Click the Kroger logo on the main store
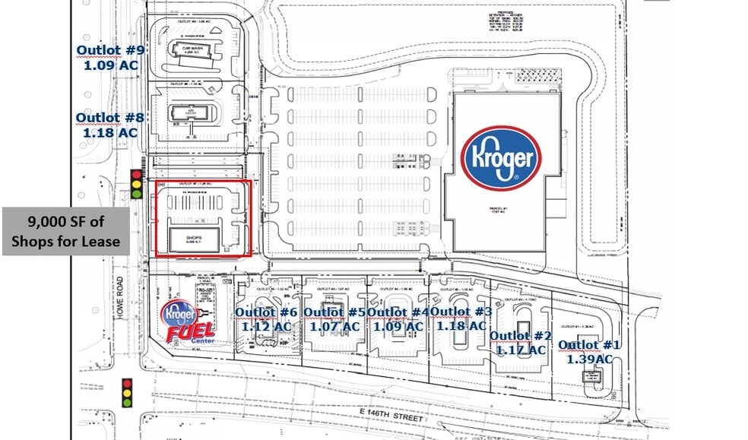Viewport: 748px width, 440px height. click(501, 158)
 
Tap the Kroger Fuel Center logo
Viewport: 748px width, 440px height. click(189, 322)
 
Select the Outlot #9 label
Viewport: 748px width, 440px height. click(110, 50)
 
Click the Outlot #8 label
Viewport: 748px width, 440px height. click(110, 118)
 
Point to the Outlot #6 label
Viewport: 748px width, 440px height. click(266, 312)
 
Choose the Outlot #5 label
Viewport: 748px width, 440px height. click(334, 312)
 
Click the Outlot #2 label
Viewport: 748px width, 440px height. click(521, 336)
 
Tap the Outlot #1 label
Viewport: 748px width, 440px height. click(589, 346)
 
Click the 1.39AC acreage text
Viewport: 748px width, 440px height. click(589, 359)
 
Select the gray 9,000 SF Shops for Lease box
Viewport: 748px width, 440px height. click(65, 232)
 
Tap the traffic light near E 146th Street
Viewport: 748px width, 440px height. click(127, 393)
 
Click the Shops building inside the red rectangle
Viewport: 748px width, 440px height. click(195, 238)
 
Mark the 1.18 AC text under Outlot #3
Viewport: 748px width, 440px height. click(461, 325)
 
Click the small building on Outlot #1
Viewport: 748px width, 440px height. click(594, 378)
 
